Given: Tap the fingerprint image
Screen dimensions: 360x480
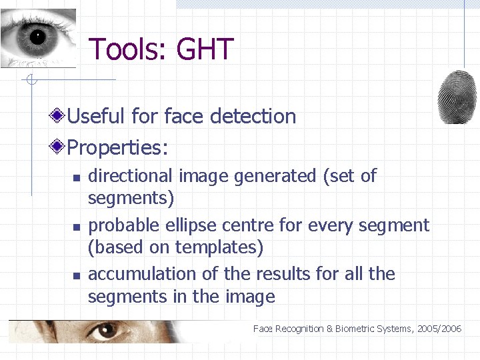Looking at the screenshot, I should (x=457, y=96).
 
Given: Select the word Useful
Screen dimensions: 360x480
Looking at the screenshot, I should (x=96, y=116).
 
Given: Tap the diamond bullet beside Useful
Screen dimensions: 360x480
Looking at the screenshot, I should (x=59, y=116).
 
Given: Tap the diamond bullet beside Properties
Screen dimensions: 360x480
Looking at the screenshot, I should (x=59, y=147).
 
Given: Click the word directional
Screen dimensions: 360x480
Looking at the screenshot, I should (x=130, y=176).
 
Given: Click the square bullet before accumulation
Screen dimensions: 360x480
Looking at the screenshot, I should (x=76, y=275).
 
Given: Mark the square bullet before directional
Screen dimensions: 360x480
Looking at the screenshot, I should (x=76, y=177).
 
